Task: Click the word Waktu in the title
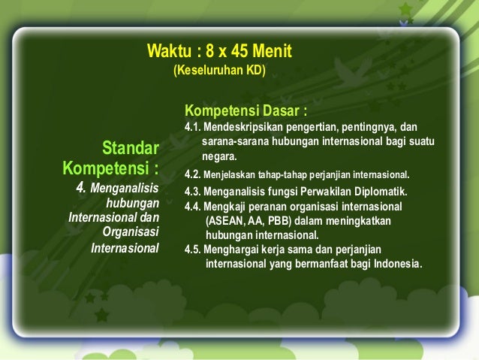click(x=170, y=53)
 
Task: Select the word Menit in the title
click(x=273, y=53)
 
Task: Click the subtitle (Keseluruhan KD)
click(x=219, y=72)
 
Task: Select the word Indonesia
click(x=397, y=264)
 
